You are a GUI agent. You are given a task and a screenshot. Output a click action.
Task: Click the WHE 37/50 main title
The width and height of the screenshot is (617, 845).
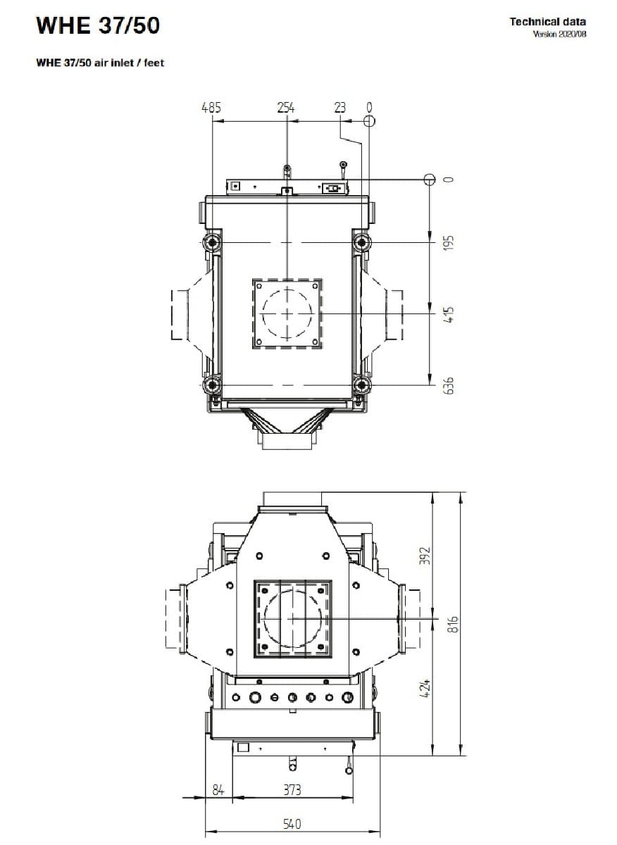[98, 26]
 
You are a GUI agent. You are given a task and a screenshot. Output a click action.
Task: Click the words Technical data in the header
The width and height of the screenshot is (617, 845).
[547, 22]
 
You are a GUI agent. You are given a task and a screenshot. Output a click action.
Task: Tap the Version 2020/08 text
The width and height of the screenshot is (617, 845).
[559, 35]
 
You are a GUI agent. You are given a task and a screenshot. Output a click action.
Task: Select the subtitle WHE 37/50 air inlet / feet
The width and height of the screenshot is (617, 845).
[99, 63]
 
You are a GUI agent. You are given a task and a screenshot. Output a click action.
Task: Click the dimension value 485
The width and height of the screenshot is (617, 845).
[211, 108]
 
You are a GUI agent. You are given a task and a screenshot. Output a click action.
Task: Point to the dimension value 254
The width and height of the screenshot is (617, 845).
[285, 108]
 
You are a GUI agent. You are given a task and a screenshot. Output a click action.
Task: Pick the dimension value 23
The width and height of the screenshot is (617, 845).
[340, 108]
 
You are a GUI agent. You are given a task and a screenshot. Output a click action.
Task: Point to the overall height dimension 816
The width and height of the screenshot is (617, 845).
[454, 623]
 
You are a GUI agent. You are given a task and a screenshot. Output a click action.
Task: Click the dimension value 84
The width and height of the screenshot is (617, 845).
[218, 790]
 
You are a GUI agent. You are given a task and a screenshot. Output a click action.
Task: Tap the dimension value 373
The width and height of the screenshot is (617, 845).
[292, 790]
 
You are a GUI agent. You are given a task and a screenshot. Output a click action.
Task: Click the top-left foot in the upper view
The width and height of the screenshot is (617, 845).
[212, 244]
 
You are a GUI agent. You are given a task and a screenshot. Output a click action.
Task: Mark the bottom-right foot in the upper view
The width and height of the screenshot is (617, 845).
[362, 385]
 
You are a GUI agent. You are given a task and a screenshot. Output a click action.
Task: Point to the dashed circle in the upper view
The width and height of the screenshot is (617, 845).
[287, 313]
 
